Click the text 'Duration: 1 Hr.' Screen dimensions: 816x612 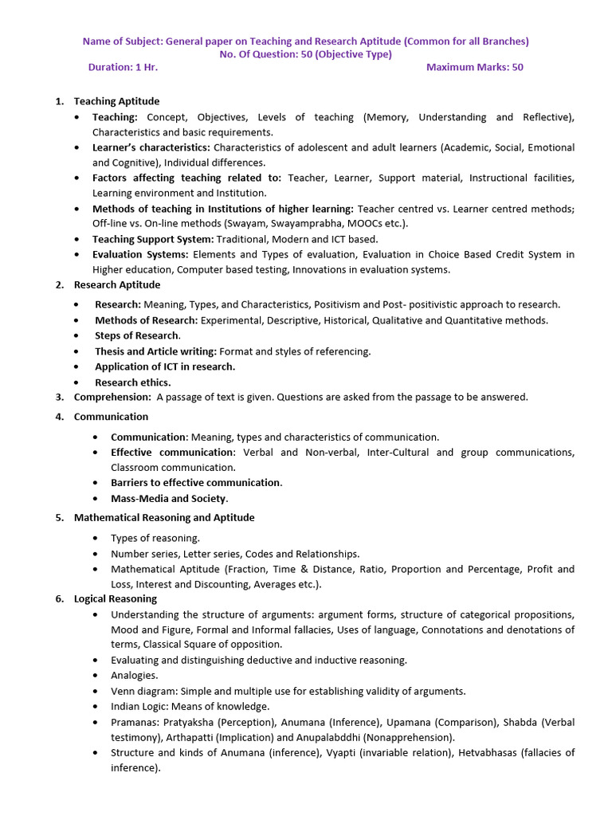(x=123, y=67)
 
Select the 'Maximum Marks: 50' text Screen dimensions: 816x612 (x=474, y=67)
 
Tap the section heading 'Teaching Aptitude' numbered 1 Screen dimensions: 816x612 (x=116, y=101)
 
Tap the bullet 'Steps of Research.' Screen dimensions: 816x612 (x=138, y=335)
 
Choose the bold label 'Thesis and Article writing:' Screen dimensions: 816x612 (x=155, y=351)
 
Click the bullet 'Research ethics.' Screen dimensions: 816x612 (x=132, y=382)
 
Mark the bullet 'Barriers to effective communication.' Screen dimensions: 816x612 (x=196, y=483)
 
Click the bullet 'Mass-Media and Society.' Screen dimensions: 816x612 (x=169, y=499)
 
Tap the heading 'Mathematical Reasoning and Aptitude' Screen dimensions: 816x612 (x=164, y=518)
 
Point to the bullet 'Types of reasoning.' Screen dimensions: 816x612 (x=155, y=539)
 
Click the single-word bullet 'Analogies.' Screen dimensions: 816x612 (x=135, y=676)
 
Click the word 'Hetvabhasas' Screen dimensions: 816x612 (x=485, y=753)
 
